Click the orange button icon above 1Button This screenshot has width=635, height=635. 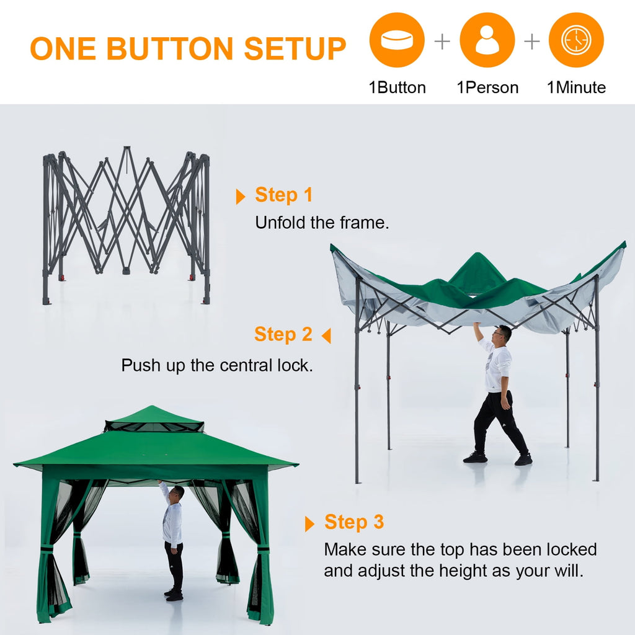pos(397,40)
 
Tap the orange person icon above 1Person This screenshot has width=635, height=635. pos(487,40)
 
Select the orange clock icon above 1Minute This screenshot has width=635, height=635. pos(576,40)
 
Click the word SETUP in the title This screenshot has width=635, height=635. pos(295,49)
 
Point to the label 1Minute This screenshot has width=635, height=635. pos(576,87)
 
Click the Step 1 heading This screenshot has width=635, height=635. pos(284,195)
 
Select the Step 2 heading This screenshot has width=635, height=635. pos(283,334)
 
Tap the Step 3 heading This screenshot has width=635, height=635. pos(354,522)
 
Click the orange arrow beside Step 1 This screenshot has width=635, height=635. pos(241,197)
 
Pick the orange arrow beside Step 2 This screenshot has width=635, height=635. pos(326,336)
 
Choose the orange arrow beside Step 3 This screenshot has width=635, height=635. pos(309,524)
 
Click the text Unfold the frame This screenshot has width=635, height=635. pos(322,223)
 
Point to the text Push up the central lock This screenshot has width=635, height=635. pos(217,365)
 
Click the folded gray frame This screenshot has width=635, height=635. pos(127,223)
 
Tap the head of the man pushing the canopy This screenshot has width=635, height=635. pos(503,334)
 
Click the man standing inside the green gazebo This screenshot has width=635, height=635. pos(173,540)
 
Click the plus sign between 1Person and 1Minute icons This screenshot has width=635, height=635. pos(532,42)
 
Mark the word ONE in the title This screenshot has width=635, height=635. pos(63,49)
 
